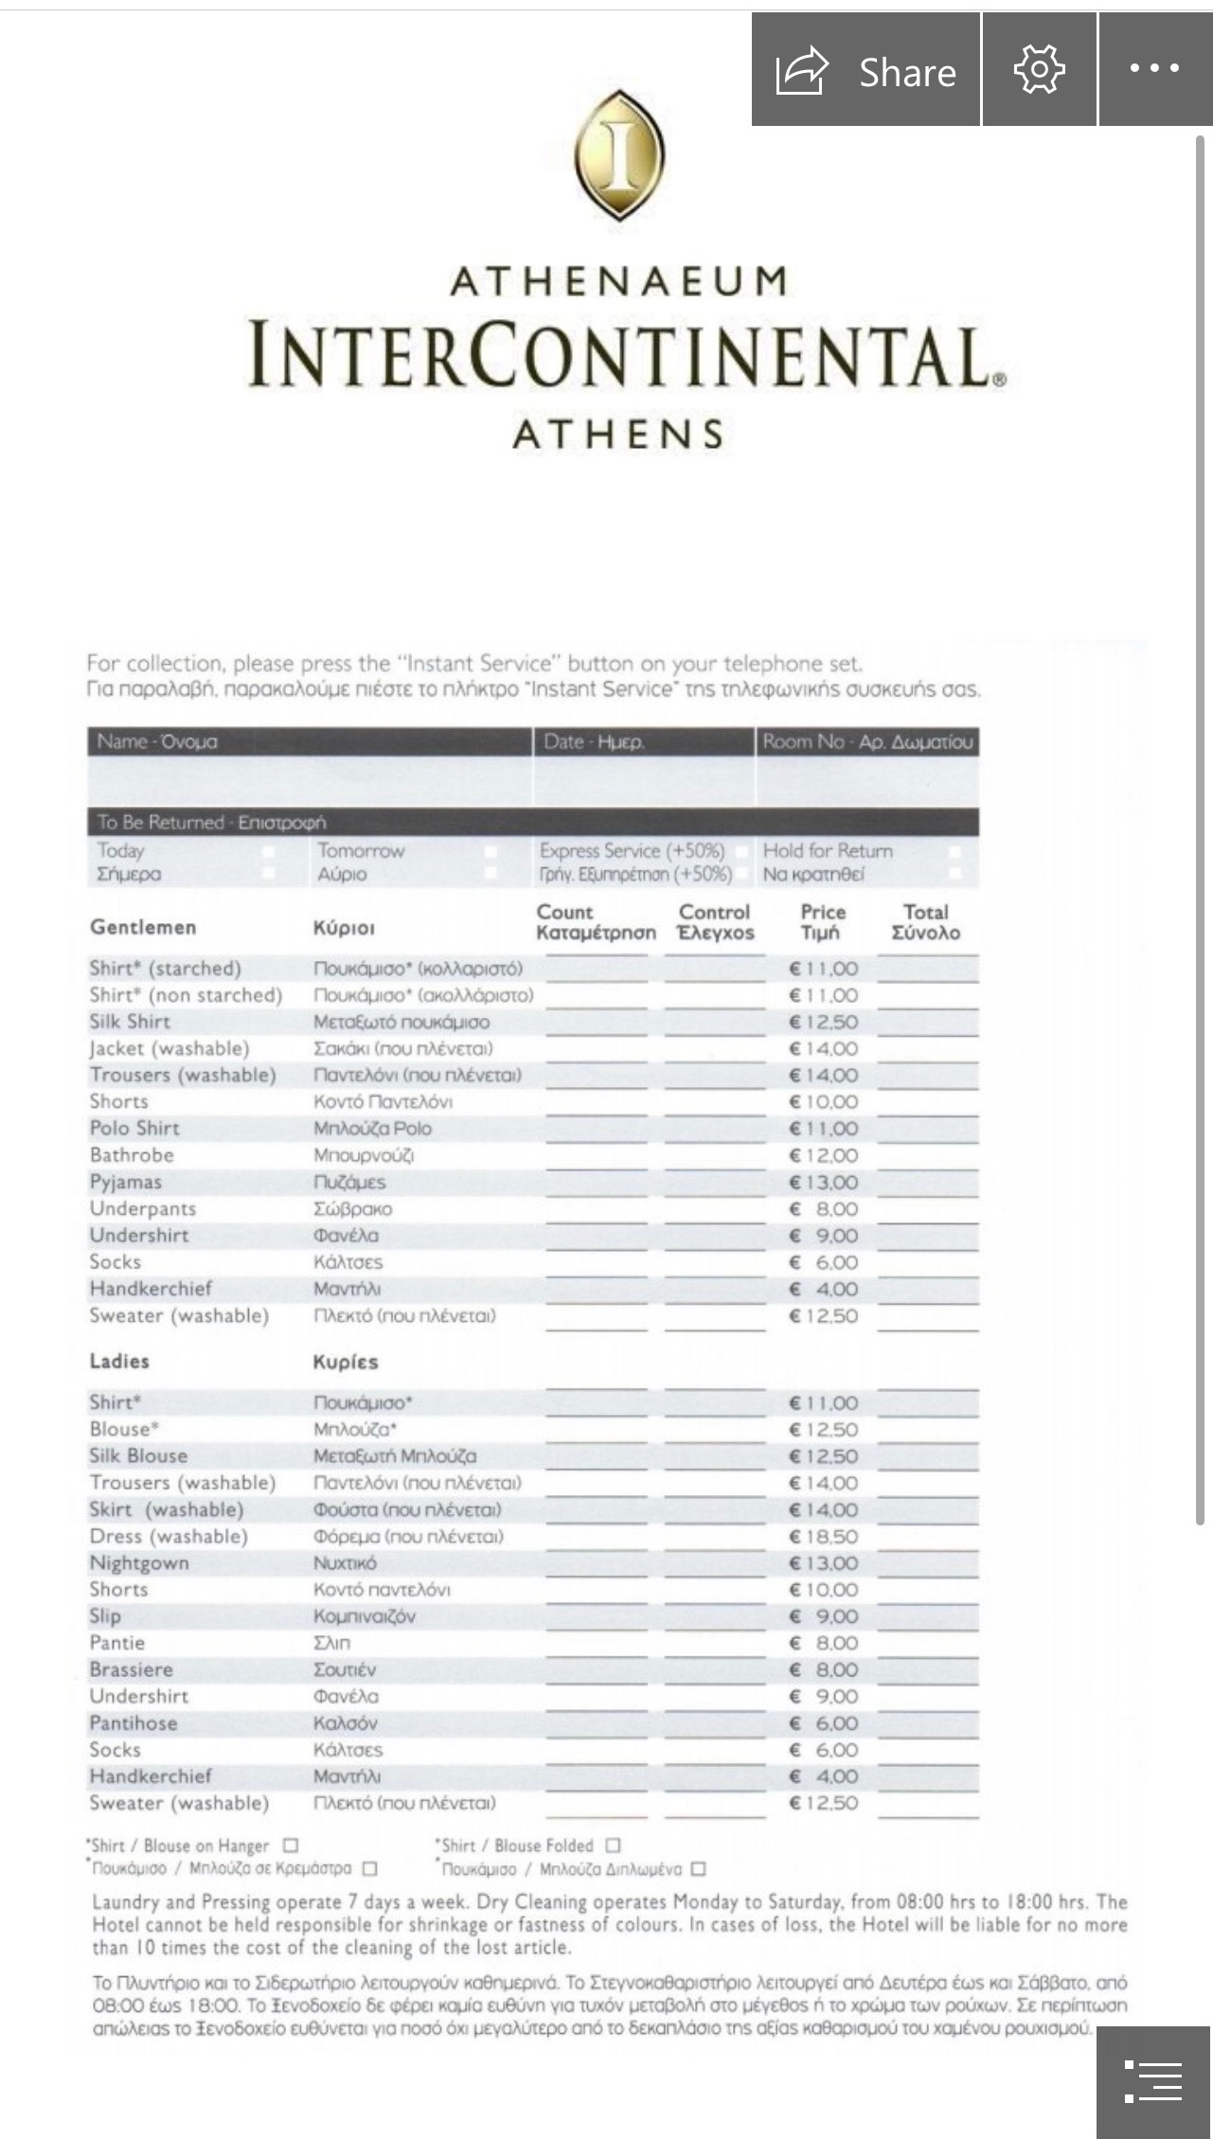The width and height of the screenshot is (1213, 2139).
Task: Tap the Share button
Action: [x=865, y=70]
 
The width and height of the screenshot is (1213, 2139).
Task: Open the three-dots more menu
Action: [x=1154, y=69]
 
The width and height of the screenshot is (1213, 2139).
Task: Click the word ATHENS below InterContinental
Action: [x=619, y=435]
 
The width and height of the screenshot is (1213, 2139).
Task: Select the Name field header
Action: [x=157, y=741]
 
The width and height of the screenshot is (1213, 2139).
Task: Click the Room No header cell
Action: [x=867, y=741]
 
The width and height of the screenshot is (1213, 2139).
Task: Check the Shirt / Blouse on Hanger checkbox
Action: [x=292, y=1845]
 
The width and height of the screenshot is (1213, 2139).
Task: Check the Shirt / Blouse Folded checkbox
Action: [x=613, y=1845]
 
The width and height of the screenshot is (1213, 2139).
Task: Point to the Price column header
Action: [x=822, y=922]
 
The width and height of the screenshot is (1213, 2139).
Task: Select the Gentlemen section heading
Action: [x=143, y=927]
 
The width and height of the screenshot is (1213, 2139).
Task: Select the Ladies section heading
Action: [x=119, y=1361]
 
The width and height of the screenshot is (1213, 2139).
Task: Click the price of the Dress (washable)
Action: [x=824, y=1537]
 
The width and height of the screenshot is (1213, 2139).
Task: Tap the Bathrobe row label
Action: [x=132, y=1155]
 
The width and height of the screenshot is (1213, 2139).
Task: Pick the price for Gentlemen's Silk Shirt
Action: [x=824, y=1023]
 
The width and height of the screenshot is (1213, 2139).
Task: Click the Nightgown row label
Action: [x=139, y=1563]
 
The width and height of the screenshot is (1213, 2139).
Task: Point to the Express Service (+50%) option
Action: [x=633, y=850]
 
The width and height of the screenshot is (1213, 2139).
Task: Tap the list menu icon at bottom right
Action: [x=1153, y=2081]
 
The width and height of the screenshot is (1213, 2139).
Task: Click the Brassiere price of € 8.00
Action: [x=824, y=1670]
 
